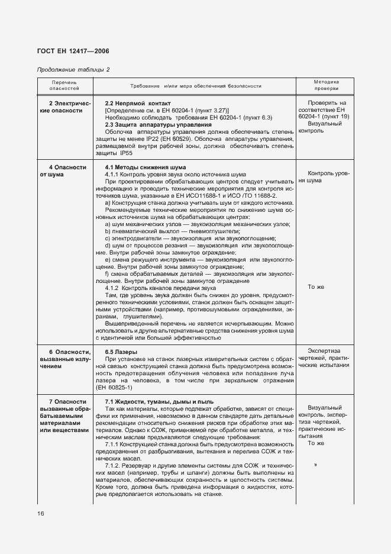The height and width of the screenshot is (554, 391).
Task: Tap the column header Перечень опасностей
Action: point(64,86)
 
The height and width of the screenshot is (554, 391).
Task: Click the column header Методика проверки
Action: point(326,86)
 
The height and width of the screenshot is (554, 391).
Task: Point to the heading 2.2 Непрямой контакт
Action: point(133,102)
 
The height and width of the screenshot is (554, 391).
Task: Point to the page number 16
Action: point(41,513)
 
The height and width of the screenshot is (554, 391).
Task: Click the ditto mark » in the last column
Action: point(316,465)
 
